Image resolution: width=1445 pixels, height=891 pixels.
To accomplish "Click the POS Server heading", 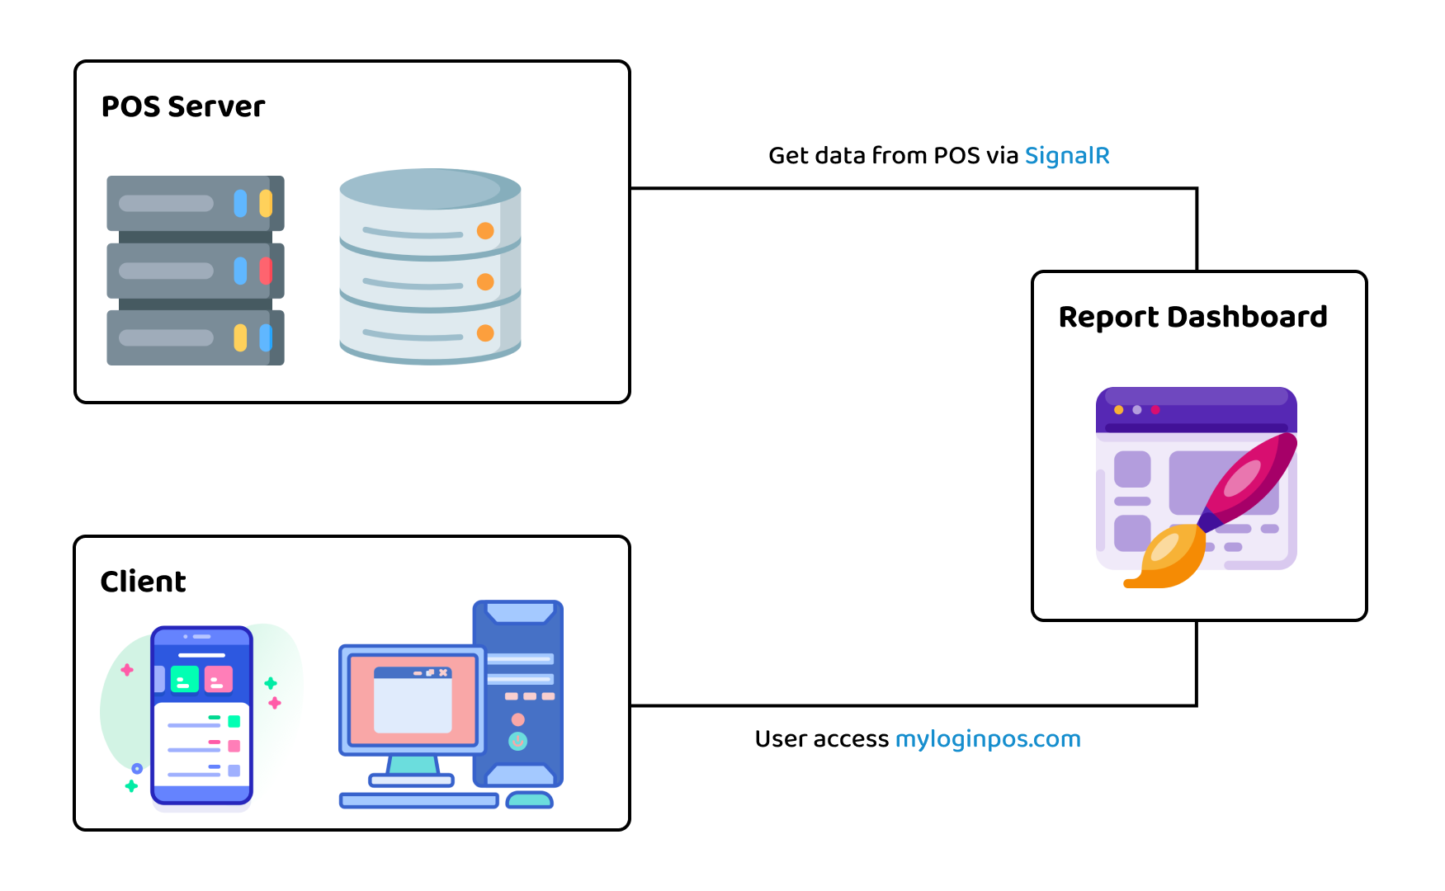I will [x=182, y=106].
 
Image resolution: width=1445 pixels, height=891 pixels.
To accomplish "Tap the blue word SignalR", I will [x=1066, y=156].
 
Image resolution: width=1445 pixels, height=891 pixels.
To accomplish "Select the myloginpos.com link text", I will [x=987, y=739].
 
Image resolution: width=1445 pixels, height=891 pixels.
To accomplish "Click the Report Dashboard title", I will [x=1192, y=317].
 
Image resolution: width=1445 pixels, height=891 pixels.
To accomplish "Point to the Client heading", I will [x=143, y=582].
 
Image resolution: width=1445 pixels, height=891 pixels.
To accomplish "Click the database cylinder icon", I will [x=430, y=266].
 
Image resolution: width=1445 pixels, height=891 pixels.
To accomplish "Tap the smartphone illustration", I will [x=201, y=714].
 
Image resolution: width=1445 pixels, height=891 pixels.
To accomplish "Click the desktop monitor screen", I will [x=413, y=699].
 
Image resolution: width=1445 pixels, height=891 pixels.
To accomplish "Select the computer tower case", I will [x=518, y=693].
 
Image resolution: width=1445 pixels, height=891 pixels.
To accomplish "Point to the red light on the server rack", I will [x=266, y=271].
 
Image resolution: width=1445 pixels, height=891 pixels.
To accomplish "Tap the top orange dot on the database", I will [x=485, y=231].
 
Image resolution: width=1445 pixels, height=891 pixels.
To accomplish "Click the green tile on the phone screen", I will [x=185, y=679].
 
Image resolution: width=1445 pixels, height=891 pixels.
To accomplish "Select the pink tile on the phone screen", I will [x=219, y=679].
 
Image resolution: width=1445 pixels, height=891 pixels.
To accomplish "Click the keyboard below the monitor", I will [x=418, y=800].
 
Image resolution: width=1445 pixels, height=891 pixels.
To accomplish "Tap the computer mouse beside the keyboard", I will [x=529, y=799].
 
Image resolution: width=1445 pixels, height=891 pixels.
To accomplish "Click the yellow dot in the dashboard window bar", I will [x=1119, y=410].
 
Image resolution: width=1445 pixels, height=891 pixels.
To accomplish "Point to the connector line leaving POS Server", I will [x=908, y=188].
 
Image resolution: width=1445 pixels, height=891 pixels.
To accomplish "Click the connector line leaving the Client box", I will [x=908, y=705].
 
